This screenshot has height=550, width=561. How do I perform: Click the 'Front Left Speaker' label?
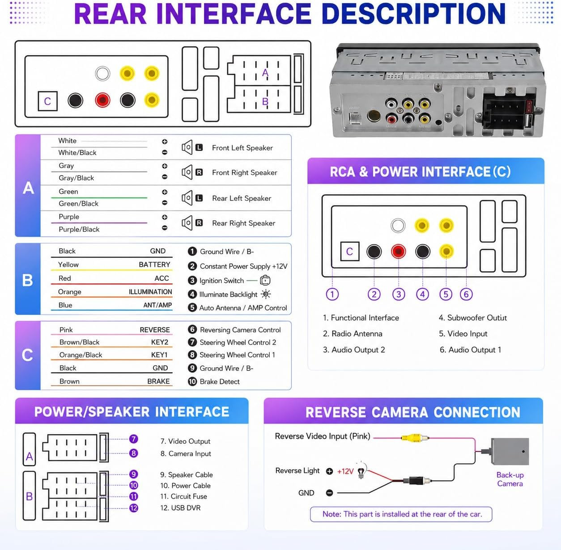click(242, 148)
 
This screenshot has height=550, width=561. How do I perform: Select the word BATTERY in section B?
click(154, 265)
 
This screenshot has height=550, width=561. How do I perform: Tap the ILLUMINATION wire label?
click(150, 292)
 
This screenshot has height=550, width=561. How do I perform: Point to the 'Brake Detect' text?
click(220, 381)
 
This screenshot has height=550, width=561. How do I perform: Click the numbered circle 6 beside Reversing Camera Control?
click(192, 329)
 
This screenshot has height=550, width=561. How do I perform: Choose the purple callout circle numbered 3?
click(398, 294)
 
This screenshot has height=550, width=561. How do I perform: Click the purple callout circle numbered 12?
click(133, 508)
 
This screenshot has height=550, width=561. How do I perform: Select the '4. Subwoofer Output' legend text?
click(472, 318)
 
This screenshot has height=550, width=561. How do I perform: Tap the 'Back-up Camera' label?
click(510, 479)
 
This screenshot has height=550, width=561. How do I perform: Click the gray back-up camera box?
click(510, 451)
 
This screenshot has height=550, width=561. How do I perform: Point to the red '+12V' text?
click(345, 471)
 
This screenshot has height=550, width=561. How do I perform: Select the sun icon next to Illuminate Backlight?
click(266, 294)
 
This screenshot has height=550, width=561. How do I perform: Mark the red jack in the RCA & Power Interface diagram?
click(398, 251)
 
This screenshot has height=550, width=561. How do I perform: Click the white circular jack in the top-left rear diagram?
click(102, 73)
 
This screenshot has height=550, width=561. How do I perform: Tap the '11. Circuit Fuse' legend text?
click(183, 496)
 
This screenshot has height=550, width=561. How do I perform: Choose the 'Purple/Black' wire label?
click(79, 229)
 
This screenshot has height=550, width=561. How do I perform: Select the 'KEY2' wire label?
click(160, 342)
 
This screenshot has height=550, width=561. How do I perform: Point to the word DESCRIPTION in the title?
click(413, 14)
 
